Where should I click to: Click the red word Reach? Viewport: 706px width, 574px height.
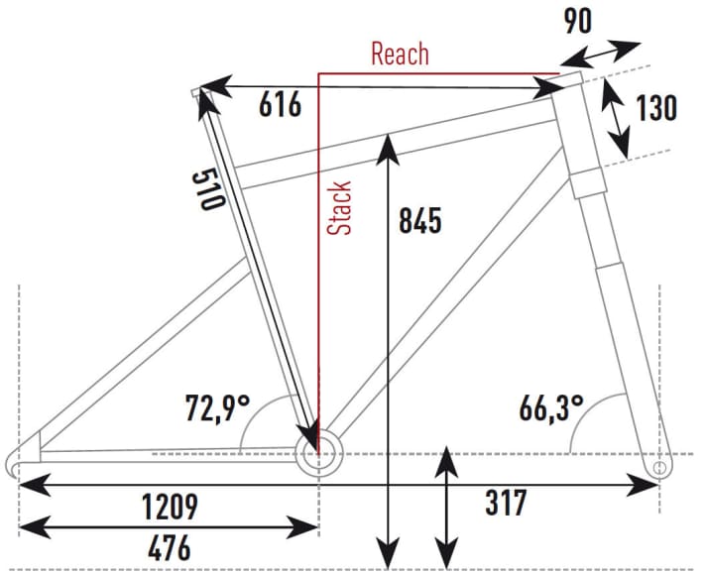400,54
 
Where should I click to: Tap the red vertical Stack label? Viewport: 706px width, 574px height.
338,207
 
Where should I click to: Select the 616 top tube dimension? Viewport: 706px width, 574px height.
280,104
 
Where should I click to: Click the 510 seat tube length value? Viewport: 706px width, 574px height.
208,189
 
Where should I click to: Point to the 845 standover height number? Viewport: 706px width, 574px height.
420,221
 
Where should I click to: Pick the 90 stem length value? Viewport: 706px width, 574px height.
578,21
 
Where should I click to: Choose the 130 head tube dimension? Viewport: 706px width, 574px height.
656,108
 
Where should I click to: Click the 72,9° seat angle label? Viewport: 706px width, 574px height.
217,407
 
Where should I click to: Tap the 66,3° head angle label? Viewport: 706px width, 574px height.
551,407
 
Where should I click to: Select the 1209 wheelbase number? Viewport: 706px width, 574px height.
170,506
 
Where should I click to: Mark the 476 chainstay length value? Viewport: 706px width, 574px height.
170,548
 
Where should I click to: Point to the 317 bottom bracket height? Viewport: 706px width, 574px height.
506,503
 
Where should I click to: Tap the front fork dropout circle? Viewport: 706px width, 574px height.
659,467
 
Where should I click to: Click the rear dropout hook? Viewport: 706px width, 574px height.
12,465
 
